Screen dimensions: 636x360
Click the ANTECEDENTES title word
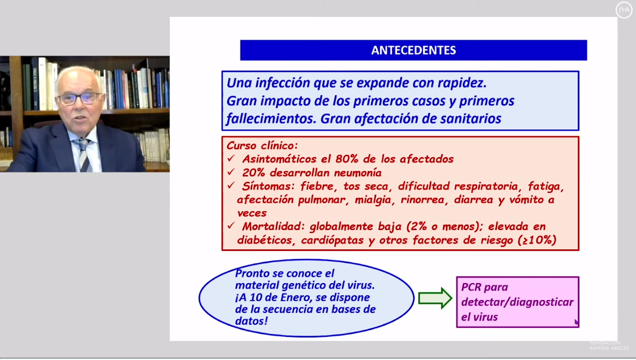413,50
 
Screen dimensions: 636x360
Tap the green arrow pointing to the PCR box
435,298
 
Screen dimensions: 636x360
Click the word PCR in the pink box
471,287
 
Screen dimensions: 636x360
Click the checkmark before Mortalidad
231,225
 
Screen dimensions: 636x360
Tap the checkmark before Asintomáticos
231,158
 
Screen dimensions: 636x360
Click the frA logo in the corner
624,10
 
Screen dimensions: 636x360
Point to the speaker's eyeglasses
79,98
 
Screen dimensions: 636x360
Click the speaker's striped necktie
84,155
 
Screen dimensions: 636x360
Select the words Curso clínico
262,145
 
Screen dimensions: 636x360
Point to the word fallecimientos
271,119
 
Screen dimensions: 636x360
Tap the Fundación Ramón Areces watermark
609,345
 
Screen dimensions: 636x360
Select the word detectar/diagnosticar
517,302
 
